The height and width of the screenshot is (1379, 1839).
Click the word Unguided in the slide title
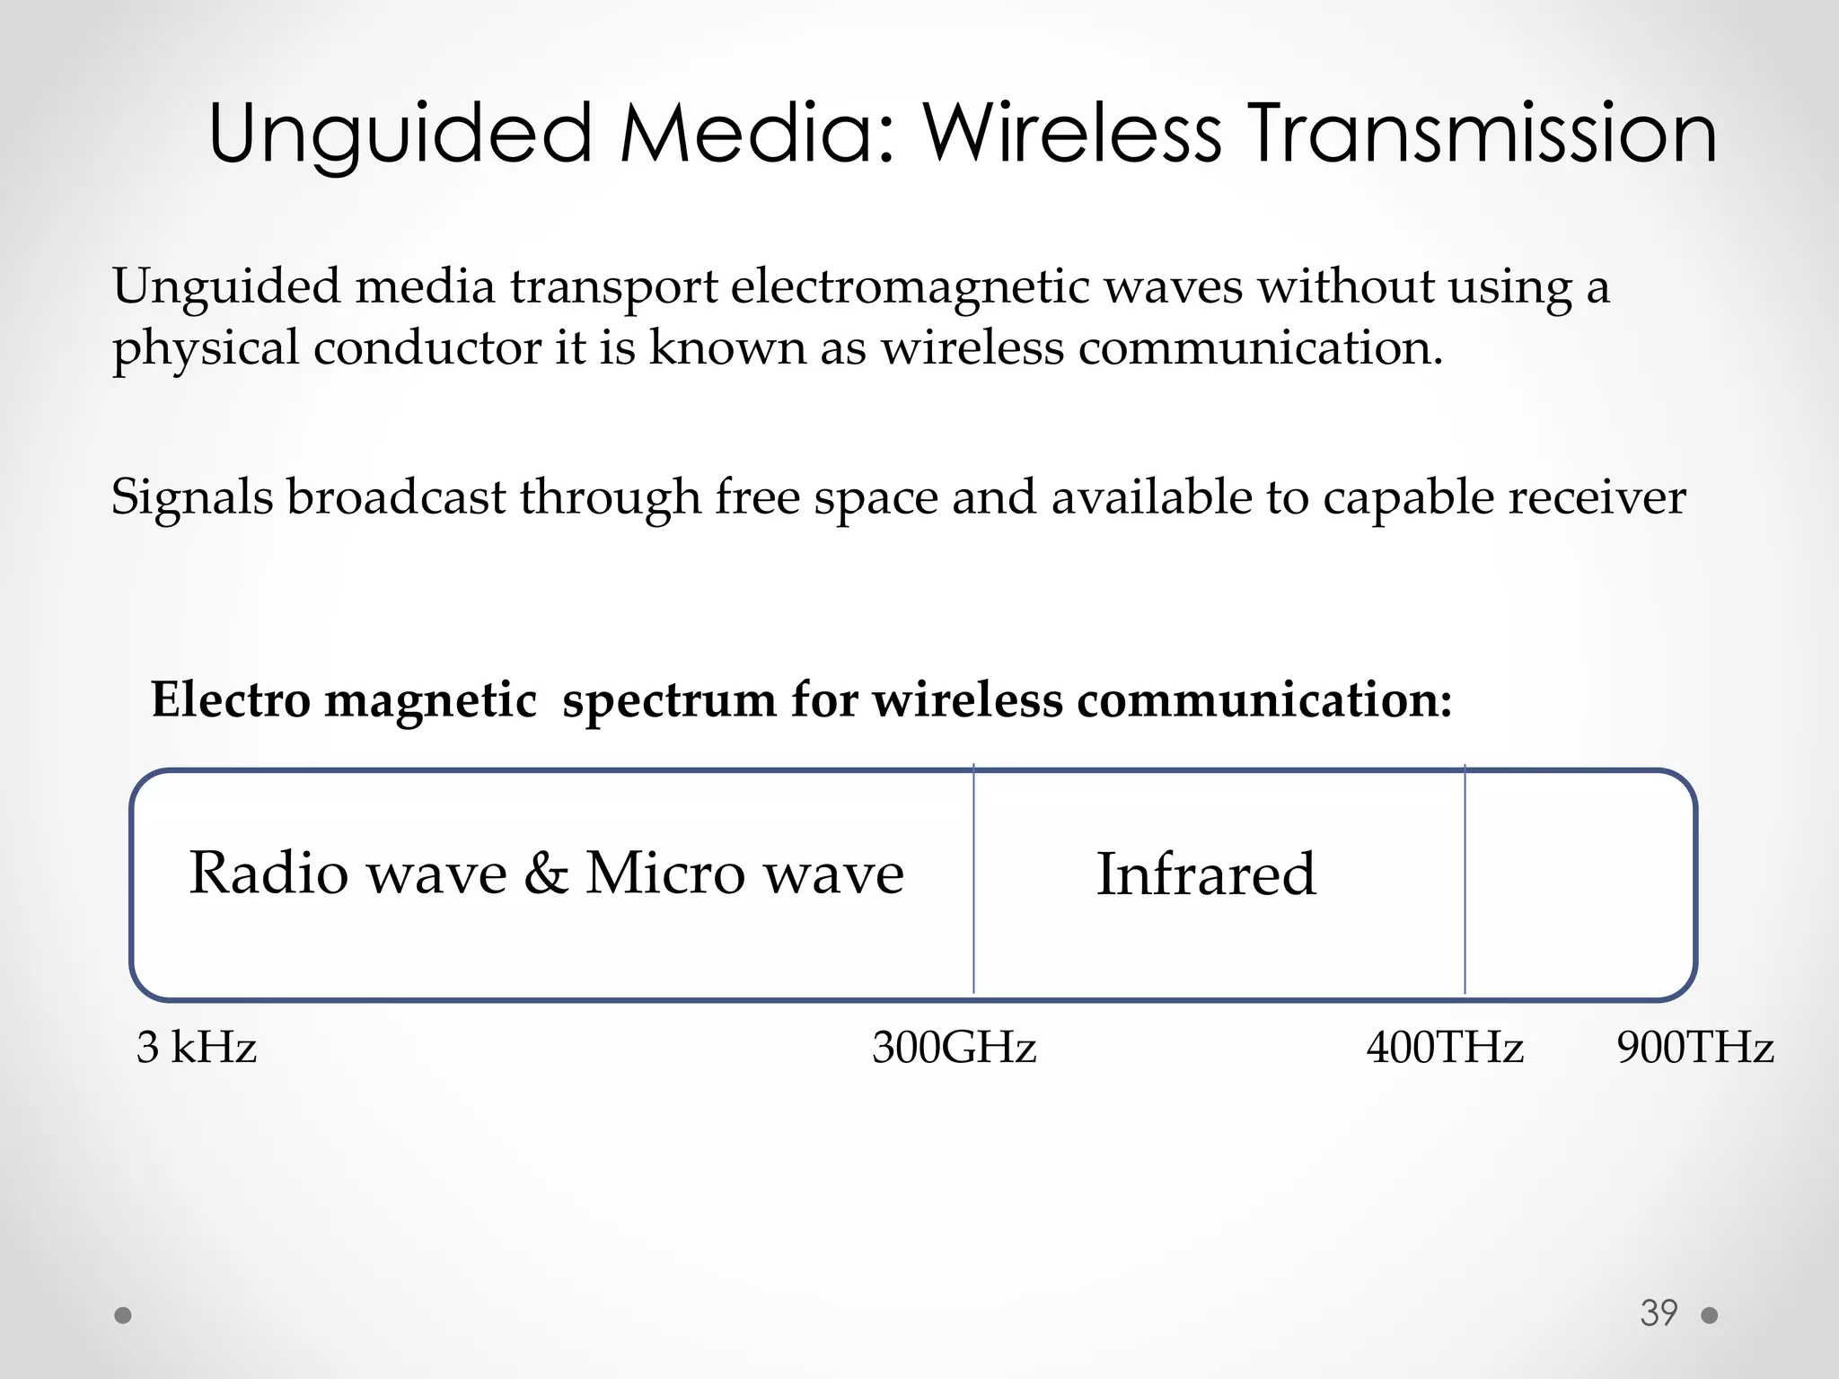pyautogui.click(x=400, y=135)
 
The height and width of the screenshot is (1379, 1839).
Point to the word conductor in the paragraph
pyautogui.click(x=427, y=347)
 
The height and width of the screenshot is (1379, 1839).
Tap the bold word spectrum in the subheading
pyautogui.click(x=669, y=700)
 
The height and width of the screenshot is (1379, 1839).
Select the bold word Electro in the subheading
pyautogui.click(x=231, y=699)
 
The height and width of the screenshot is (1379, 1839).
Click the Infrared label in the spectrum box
pyautogui.click(x=1206, y=874)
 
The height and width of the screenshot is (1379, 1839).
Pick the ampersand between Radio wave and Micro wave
pyautogui.click(x=546, y=873)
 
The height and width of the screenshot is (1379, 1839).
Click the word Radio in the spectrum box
pyautogui.click(x=268, y=873)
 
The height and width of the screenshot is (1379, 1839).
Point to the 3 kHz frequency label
pyautogui.click(x=197, y=1047)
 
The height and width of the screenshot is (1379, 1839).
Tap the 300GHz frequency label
pyautogui.click(x=954, y=1047)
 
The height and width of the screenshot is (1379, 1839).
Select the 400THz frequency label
pyautogui.click(x=1445, y=1047)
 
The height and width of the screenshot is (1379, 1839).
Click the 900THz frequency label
pyautogui.click(x=1694, y=1047)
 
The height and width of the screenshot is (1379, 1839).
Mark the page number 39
pyautogui.click(x=1659, y=1313)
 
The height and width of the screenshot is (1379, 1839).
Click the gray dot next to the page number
pyautogui.click(x=1710, y=1315)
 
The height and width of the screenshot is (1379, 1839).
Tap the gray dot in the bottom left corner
pyautogui.click(x=124, y=1315)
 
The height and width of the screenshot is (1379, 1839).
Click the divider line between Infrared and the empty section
pyautogui.click(x=1465, y=880)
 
